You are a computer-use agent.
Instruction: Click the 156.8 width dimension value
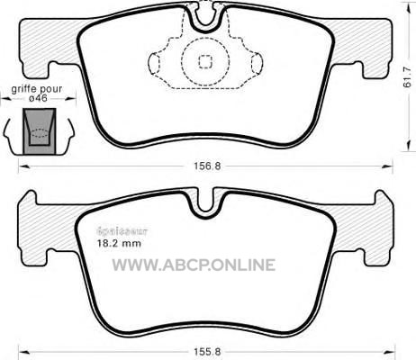(x=207, y=166)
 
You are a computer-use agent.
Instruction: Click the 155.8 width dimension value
(x=207, y=351)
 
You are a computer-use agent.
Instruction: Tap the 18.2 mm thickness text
(x=119, y=243)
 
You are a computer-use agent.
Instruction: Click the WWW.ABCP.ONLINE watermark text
(x=194, y=265)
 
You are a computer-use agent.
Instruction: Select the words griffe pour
(x=37, y=89)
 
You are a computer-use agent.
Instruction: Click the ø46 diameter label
(x=39, y=98)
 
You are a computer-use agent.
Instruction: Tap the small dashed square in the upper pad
(x=205, y=62)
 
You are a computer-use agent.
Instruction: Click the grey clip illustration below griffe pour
(x=40, y=131)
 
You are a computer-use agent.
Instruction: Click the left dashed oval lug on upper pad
(x=154, y=63)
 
